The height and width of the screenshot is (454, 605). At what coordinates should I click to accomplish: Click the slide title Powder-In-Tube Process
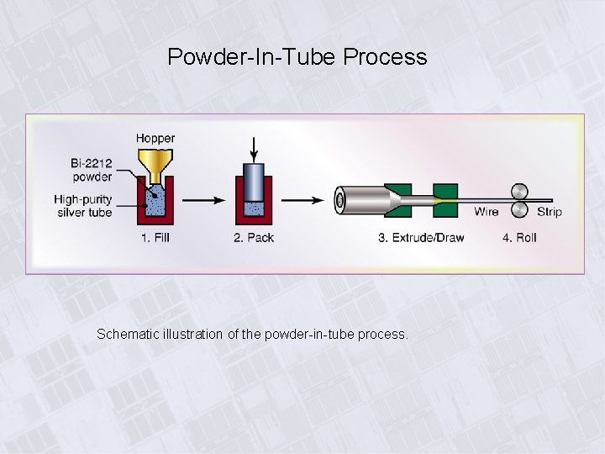tap(297, 57)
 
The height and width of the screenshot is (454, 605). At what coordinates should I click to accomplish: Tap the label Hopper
tap(155, 138)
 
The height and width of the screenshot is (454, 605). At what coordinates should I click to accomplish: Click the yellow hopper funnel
tap(155, 165)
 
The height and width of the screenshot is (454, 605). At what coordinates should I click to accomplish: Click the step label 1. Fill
tap(155, 238)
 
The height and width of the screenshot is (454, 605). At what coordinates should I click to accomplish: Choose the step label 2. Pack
tap(254, 238)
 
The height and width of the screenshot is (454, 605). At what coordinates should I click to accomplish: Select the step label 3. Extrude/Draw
tap(421, 238)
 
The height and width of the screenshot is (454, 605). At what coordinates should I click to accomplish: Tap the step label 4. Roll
tap(519, 238)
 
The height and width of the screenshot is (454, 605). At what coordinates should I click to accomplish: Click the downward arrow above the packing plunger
tap(255, 146)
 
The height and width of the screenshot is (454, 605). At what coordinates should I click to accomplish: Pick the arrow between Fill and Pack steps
tap(203, 200)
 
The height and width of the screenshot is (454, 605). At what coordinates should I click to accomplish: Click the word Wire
tap(486, 212)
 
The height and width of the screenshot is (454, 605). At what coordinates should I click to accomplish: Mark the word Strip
tap(550, 212)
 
